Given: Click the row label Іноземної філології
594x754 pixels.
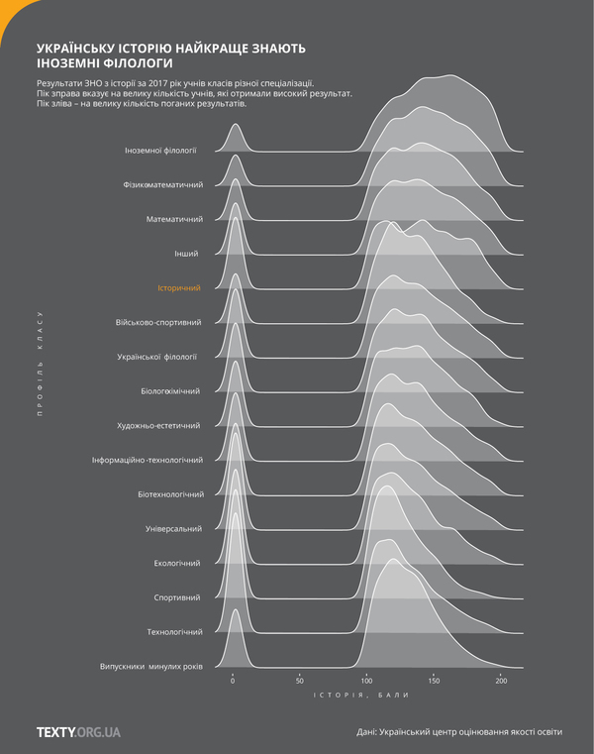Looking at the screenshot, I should tap(160, 151).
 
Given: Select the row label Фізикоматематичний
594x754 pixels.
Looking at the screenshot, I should tap(162, 185).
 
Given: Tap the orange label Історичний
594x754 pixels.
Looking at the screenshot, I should tap(179, 288).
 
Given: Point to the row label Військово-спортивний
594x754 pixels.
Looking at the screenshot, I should tap(158, 322).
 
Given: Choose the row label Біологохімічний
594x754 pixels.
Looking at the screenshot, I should tap(170, 391).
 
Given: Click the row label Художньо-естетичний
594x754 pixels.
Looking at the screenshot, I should tap(159, 426).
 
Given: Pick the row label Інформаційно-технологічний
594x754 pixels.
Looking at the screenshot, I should tap(147, 461).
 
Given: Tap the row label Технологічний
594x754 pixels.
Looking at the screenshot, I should tap(174, 632).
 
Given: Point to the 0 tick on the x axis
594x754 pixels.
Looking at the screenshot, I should tap(233, 682).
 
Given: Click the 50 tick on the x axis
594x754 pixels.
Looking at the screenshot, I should tap(300, 682).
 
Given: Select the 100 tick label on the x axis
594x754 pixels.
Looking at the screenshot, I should tap(366, 682).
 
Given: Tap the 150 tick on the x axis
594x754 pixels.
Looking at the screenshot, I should tap(434, 682).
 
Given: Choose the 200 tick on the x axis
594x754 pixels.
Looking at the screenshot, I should tap(501, 682).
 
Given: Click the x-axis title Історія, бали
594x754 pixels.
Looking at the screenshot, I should tap(365, 700).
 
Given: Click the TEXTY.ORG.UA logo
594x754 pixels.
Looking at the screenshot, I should tap(78, 731).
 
